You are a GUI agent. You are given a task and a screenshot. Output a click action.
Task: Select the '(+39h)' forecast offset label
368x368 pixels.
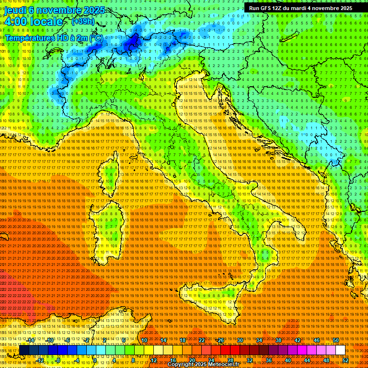(x=83, y=22)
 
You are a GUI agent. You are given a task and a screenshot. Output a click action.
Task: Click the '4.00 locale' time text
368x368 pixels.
(x=34, y=22)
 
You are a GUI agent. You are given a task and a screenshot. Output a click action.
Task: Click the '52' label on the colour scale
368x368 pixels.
(x=345, y=360)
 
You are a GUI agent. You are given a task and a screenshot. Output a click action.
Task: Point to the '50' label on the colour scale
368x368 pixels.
(x=336, y=340)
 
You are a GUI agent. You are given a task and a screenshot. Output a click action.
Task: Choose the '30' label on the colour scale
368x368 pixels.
(x=240, y=340)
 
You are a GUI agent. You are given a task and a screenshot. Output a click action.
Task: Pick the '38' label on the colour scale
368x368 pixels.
(x=278, y=340)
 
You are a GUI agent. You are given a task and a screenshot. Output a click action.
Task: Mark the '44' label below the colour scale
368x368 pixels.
(x=307, y=360)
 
